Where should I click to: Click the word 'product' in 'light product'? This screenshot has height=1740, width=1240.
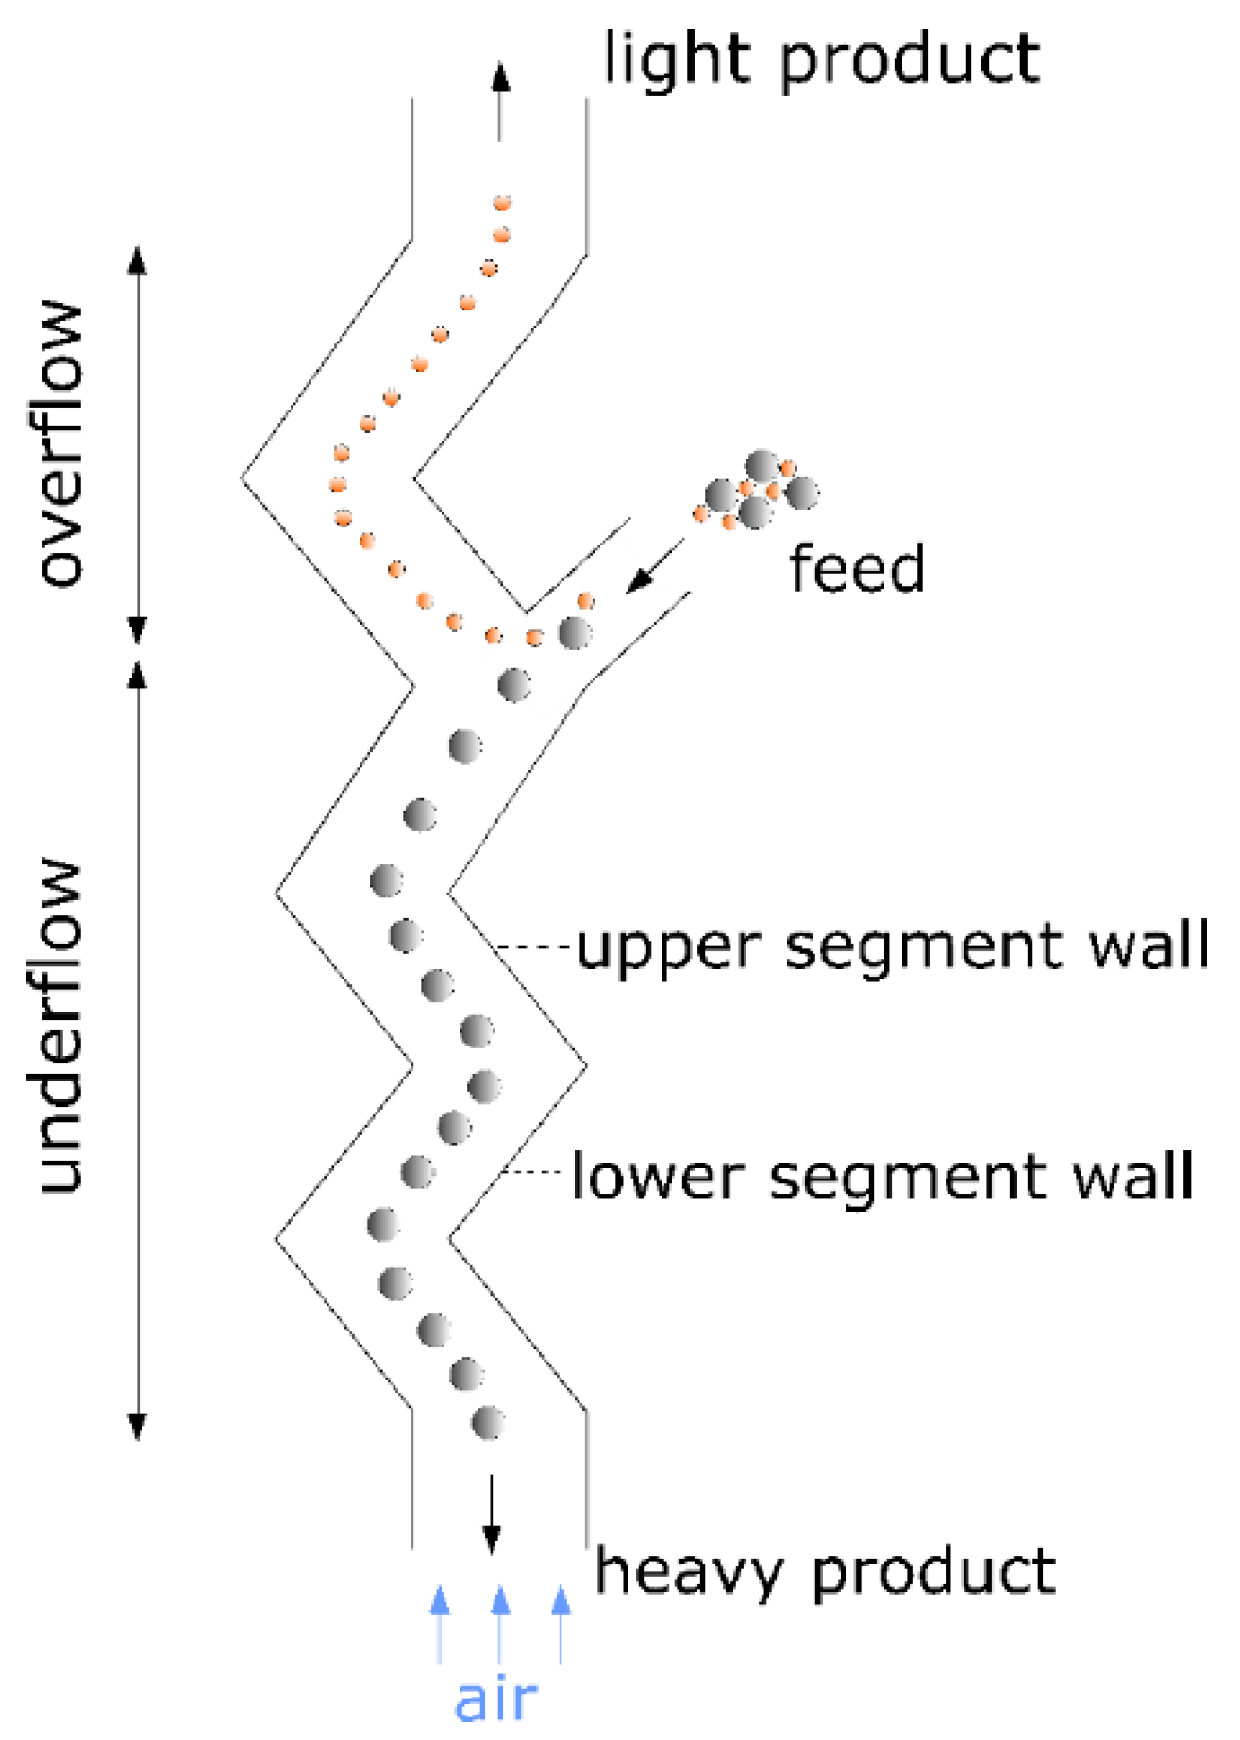point(910,62)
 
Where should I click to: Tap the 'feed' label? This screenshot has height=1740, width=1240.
point(856,569)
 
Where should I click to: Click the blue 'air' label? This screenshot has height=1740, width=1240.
point(496,1698)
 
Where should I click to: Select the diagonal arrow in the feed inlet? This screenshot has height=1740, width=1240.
point(655,566)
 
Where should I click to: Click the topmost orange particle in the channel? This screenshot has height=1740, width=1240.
point(502,202)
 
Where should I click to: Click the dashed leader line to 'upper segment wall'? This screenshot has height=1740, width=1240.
point(534,945)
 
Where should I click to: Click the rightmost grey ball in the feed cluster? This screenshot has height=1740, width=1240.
point(802,493)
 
